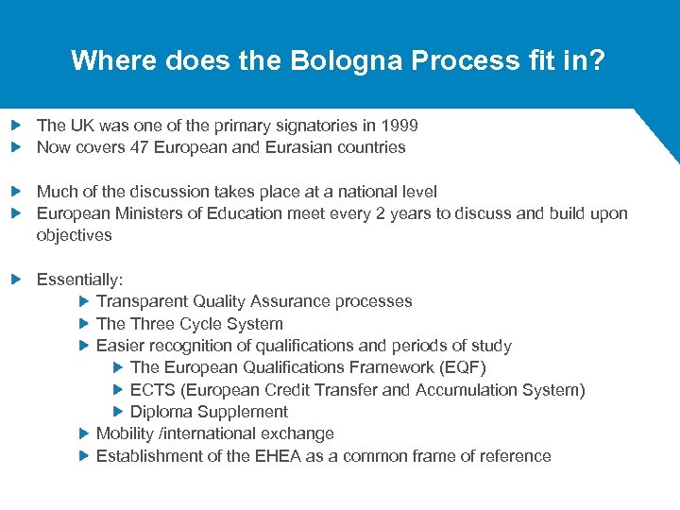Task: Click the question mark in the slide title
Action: [599, 61]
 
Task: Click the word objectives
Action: [74, 235]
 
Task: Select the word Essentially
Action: [78, 280]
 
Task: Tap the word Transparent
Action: [142, 301]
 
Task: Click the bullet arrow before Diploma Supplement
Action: [118, 412]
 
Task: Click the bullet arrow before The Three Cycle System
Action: [84, 324]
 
